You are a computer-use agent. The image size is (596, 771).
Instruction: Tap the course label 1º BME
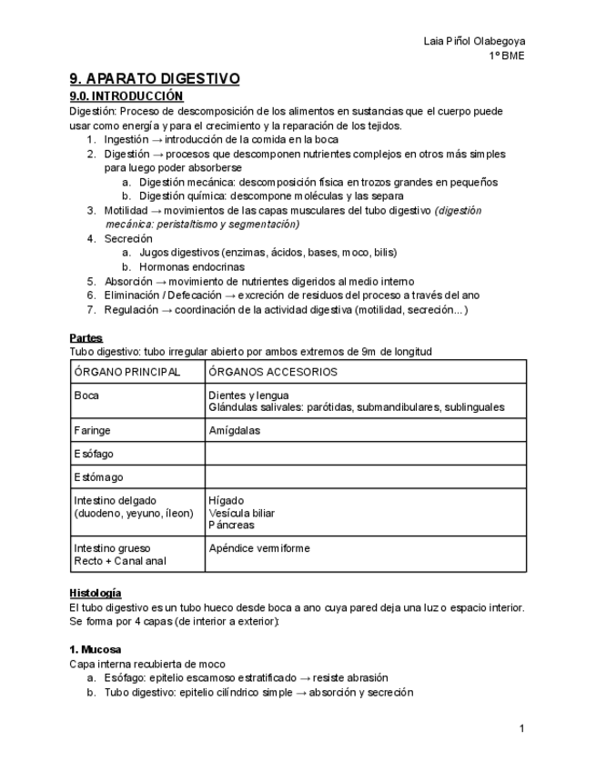[x=506, y=55]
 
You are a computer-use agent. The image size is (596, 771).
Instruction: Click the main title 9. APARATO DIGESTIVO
[x=155, y=79]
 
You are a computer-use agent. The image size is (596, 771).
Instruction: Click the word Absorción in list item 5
[x=128, y=282]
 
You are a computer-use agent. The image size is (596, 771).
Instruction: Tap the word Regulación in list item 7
[x=131, y=310]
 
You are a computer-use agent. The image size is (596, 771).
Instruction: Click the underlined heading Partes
[x=86, y=338]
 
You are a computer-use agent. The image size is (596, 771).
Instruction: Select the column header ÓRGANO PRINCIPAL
[x=126, y=372]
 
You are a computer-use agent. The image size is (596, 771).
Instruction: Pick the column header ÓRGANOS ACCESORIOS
[x=273, y=372]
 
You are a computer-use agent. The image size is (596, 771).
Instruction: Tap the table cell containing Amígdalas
[x=235, y=430]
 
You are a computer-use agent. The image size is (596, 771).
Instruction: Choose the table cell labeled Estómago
[x=98, y=477]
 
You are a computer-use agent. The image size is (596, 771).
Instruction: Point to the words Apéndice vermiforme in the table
[x=259, y=548]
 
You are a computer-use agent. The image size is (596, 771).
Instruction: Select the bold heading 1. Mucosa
[x=95, y=650]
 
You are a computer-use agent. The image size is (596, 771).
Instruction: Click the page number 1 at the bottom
[x=521, y=728]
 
